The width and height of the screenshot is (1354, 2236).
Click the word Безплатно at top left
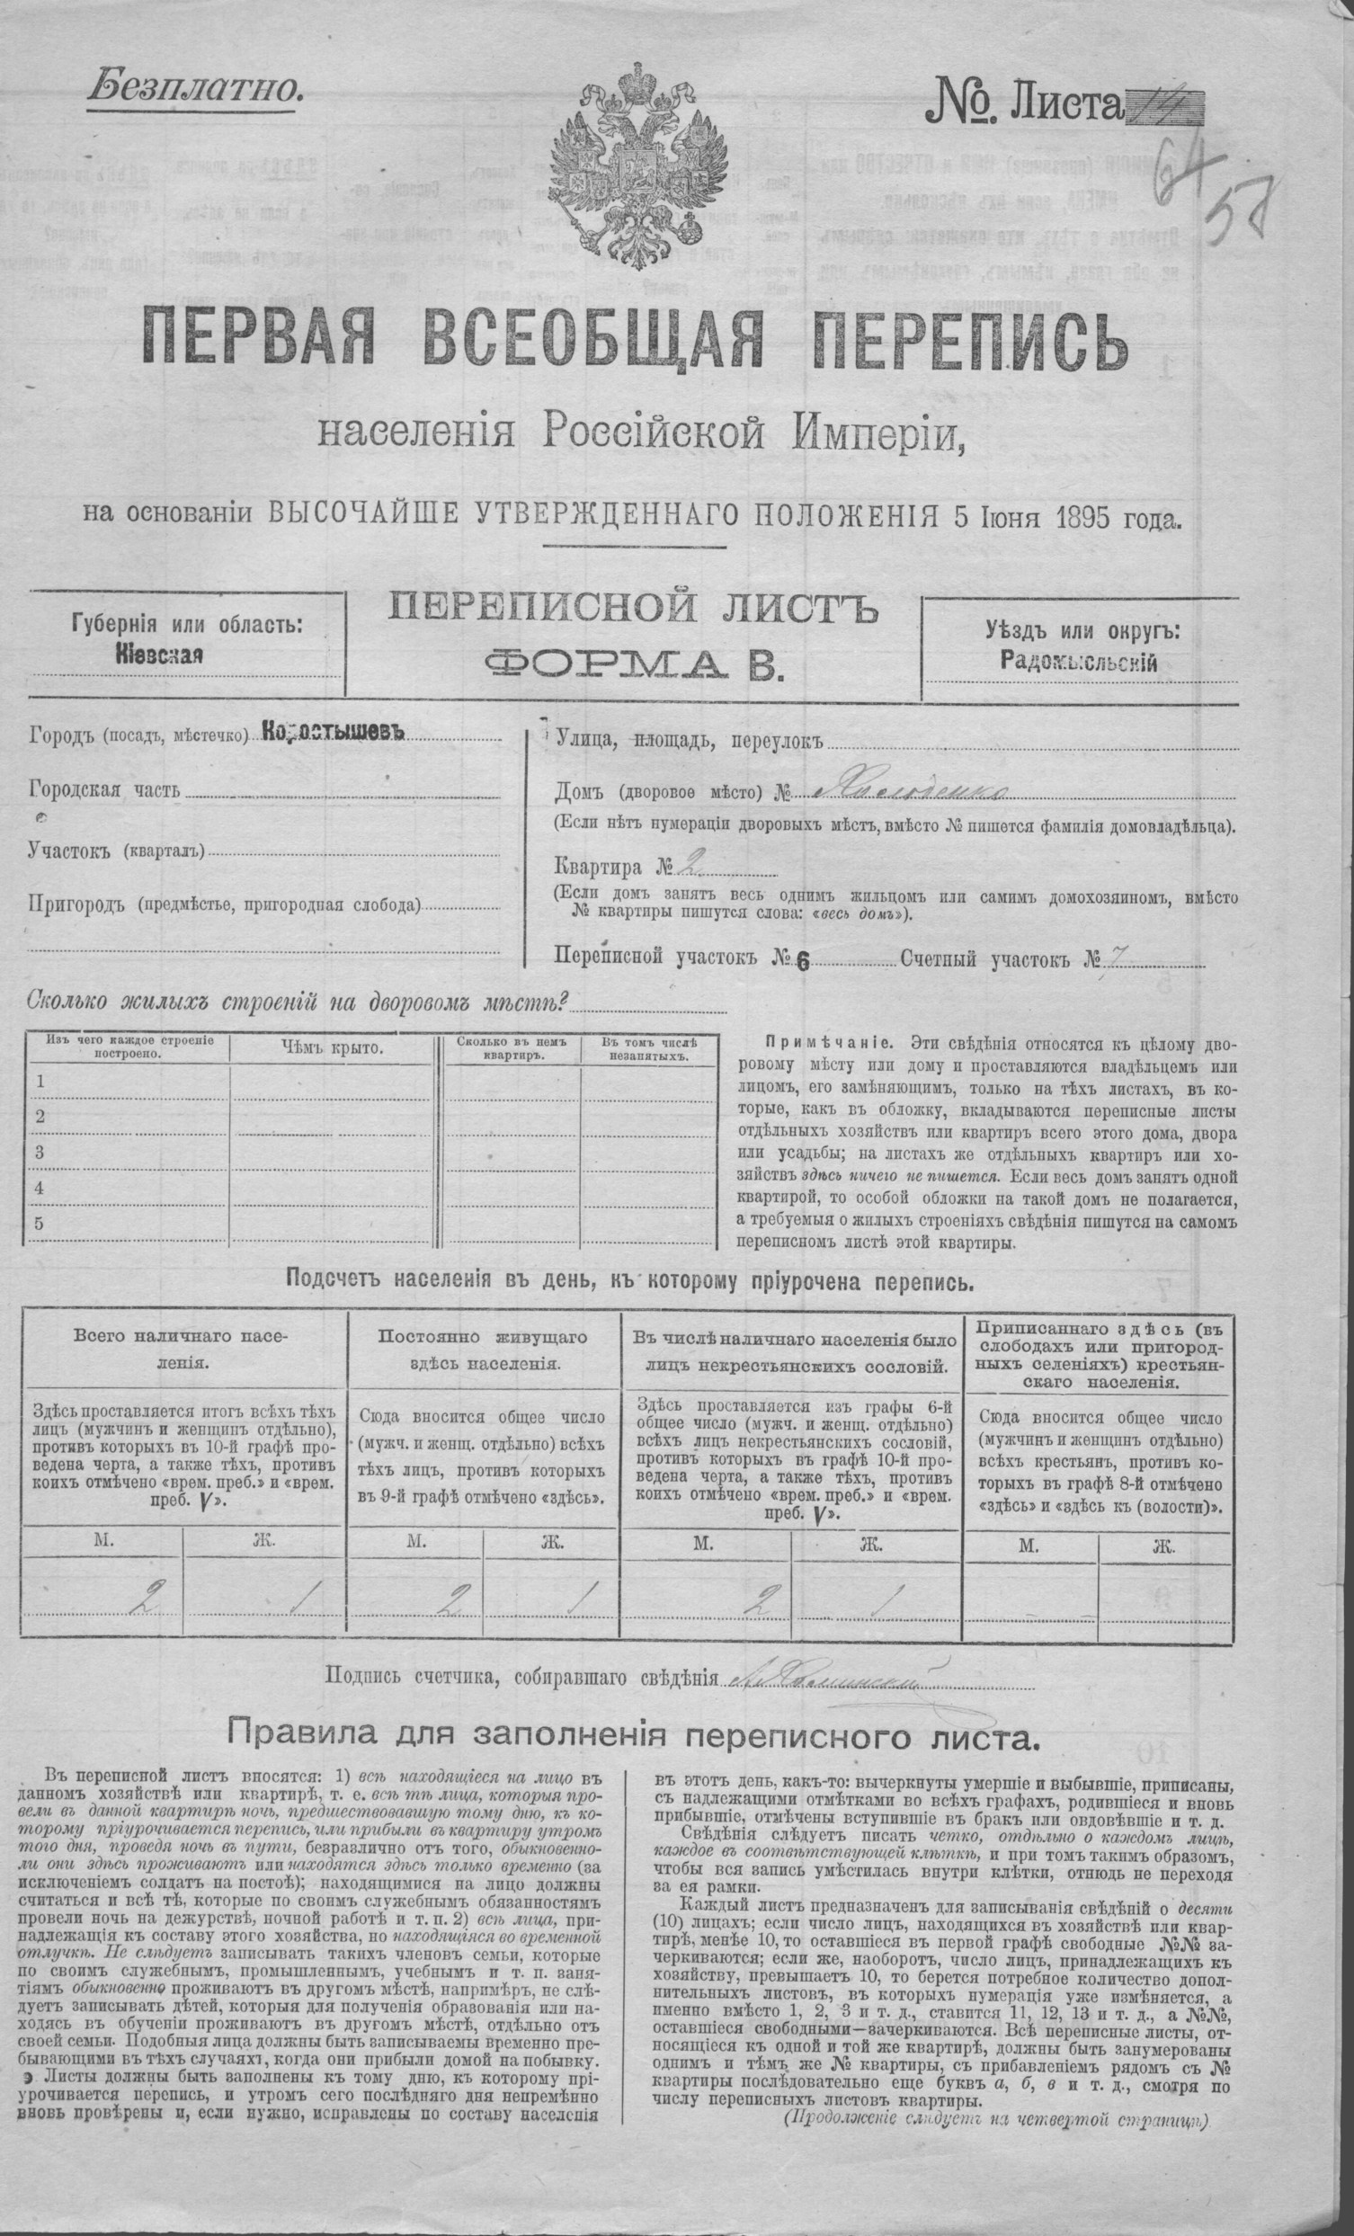click(x=194, y=88)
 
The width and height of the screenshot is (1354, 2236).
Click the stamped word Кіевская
click(x=159, y=655)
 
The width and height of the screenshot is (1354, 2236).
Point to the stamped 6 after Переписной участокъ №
click(x=801, y=965)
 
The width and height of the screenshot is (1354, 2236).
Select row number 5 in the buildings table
click(x=39, y=1224)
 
